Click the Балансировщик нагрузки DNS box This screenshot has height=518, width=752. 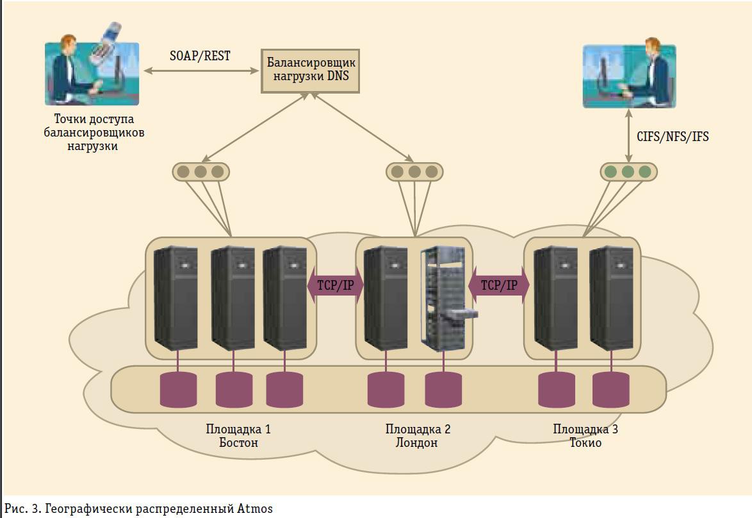pyautogui.click(x=310, y=71)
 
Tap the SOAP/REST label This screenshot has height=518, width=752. pyautogui.click(x=200, y=56)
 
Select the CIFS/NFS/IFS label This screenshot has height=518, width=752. pyautogui.click(x=673, y=137)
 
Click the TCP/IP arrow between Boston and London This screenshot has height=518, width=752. pyautogui.click(x=336, y=286)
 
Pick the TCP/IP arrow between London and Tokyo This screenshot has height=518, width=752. pyautogui.click(x=499, y=286)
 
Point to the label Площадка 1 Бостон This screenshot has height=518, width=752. pyautogui.click(x=238, y=436)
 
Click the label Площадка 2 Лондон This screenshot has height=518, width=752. pyautogui.click(x=418, y=436)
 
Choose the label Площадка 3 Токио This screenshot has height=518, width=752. pyautogui.click(x=585, y=436)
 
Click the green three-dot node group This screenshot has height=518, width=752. pyautogui.click(x=628, y=172)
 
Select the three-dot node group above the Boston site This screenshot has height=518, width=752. pyautogui.click(x=200, y=172)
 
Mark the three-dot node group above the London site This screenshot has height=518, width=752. pyautogui.click(x=414, y=172)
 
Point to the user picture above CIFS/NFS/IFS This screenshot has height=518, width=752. pyautogui.click(x=629, y=76)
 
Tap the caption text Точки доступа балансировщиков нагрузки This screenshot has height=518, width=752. pyautogui.click(x=94, y=133)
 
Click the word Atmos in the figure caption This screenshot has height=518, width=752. pyautogui.click(x=255, y=509)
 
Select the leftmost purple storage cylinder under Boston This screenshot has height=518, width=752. pyautogui.click(x=178, y=389)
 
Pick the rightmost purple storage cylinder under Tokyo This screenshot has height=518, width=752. pyautogui.click(x=610, y=389)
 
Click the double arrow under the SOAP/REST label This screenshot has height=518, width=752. pyautogui.click(x=200, y=70)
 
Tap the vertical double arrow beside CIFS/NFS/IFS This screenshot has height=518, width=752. pyautogui.click(x=628, y=137)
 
